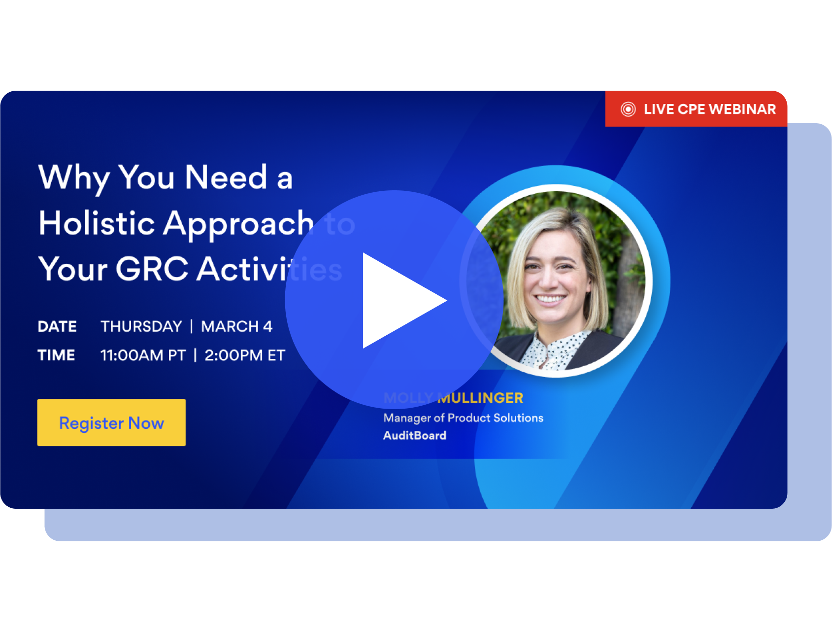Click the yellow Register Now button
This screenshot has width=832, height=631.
(111, 422)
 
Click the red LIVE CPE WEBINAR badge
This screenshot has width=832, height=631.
(696, 109)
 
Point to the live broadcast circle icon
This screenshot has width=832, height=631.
(628, 109)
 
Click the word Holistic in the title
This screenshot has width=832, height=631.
(97, 223)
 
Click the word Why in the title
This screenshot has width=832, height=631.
(74, 177)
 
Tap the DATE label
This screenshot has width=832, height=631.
(57, 326)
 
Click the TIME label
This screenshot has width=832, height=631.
(56, 355)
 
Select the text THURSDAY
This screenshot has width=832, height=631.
(141, 326)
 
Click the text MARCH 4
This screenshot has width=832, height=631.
(236, 326)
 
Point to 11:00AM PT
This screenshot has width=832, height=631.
(143, 355)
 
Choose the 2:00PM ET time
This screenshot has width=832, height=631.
(245, 355)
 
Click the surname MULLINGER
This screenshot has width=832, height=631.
(480, 398)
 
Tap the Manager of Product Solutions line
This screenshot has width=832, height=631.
(463, 418)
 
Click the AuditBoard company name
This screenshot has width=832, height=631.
(415, 435)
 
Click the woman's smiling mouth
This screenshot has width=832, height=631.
(550, 298)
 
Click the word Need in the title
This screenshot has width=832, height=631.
(226, 177)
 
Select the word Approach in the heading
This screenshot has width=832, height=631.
(238, 223)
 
